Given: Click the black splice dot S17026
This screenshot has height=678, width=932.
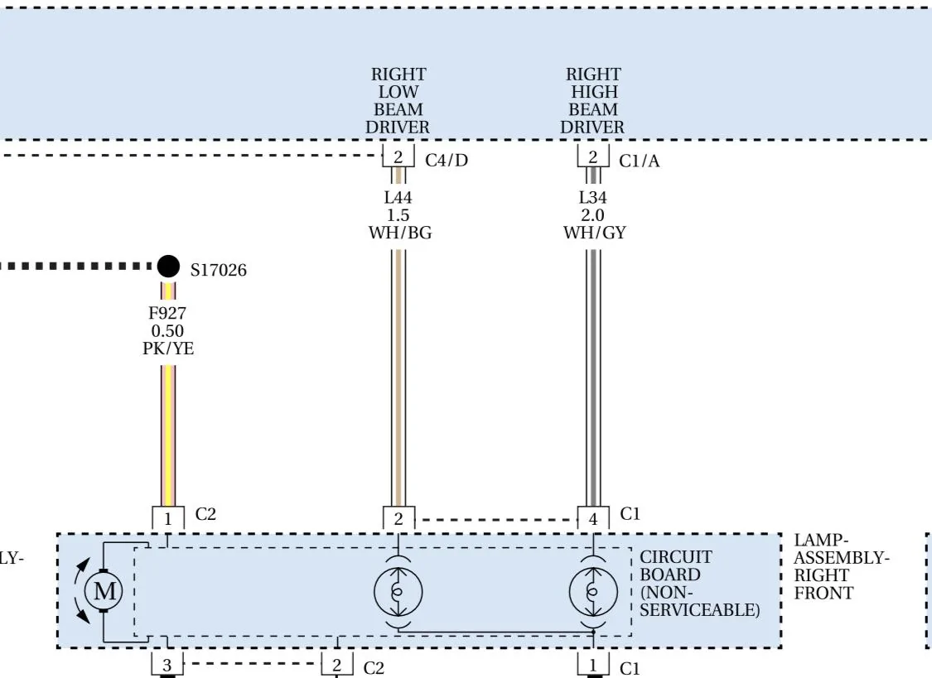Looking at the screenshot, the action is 168,267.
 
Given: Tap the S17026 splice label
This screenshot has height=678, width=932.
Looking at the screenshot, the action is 218,270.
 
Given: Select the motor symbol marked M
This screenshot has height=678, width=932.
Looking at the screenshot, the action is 104,591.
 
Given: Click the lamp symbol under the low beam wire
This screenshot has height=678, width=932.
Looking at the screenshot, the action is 398,592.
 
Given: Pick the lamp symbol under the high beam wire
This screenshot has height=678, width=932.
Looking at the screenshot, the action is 593,592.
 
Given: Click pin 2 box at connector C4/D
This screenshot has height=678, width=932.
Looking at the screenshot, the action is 398,156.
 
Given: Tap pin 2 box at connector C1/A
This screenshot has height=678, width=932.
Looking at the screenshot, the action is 593,156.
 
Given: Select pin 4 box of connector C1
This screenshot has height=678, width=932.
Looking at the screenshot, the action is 593,518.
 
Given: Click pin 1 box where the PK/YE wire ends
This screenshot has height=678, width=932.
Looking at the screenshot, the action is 167,518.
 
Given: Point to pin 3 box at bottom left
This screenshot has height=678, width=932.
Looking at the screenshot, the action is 167,665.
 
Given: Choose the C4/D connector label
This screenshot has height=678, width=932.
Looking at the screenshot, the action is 447,161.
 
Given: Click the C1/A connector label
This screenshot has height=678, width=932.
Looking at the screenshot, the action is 640,161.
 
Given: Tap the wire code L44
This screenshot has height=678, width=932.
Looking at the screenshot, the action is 398,197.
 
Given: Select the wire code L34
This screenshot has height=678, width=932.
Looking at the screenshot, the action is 593,197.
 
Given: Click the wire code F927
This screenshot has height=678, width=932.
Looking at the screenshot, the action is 167,313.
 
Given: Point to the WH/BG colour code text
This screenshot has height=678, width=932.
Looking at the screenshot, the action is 400,232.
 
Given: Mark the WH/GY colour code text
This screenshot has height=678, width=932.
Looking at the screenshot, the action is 595,232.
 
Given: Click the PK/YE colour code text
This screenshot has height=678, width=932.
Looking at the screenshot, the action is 168,348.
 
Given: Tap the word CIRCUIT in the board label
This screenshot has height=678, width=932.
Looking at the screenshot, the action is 676,557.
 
